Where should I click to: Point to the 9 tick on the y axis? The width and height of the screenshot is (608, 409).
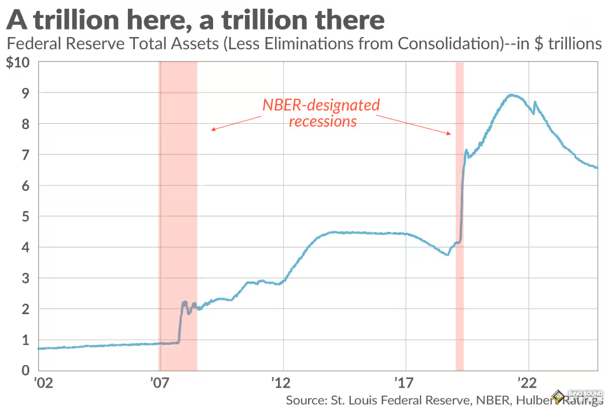pos(25,93)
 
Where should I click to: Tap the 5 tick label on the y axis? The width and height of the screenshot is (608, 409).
pos(25,216)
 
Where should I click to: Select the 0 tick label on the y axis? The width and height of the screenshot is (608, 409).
pos(25,370)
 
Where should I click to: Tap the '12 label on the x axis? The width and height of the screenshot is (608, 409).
pos(283,383)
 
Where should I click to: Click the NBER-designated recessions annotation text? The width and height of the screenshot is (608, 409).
pos(322,113)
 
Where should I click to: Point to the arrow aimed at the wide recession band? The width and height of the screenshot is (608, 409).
pos(236,123)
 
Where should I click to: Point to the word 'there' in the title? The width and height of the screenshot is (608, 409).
pos(351,21)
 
